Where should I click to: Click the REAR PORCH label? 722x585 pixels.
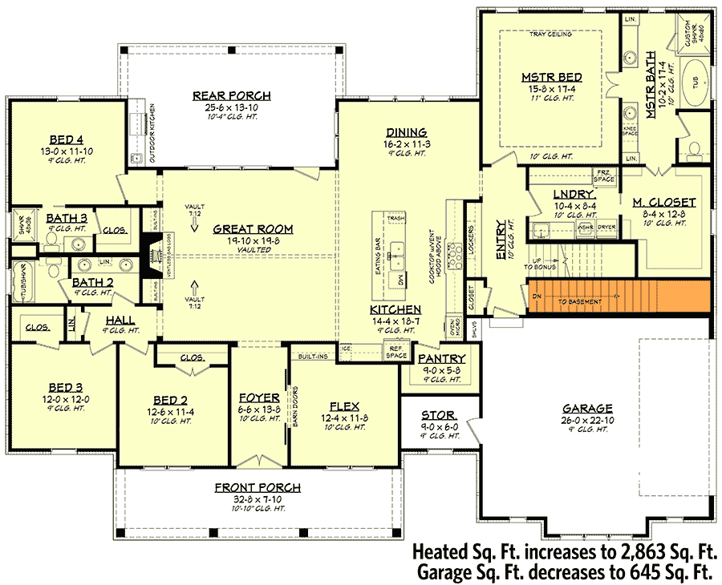pos(231,96)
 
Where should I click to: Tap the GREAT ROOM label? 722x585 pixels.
pos(253,229)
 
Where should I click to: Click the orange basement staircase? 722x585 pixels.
pos(619,296)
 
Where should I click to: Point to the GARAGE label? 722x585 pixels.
pos(587,408)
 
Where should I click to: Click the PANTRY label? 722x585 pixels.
pos(440,358)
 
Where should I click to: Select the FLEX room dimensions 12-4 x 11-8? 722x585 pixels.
pos(344,419)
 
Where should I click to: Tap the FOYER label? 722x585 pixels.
pos(259,397)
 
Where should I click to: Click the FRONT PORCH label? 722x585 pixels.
pos(258,487)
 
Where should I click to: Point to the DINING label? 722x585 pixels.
pos(405,133)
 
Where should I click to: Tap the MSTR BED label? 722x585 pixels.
pos(551,77)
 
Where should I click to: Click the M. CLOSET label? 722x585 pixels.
pos(663,202)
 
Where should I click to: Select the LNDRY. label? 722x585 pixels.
pos(574,194)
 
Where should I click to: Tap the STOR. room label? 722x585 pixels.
pos(439,416)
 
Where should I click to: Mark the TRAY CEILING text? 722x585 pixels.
pos(550,35)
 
